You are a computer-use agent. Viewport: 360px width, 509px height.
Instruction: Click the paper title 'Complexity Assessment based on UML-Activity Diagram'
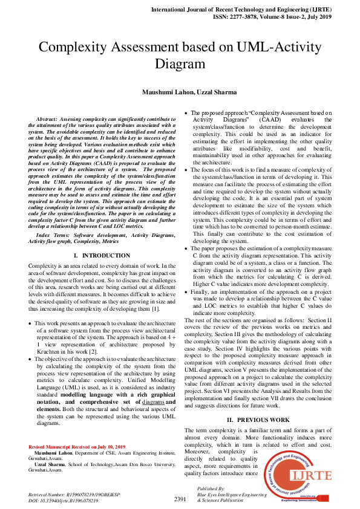click(x=180, y=55)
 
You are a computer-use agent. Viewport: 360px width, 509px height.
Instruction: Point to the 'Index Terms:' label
click(x=53, y=234)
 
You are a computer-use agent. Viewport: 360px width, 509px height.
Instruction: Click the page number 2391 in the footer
click(x=180, y=499)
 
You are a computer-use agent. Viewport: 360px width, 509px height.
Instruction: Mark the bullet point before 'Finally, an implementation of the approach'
click(x=188, y=291)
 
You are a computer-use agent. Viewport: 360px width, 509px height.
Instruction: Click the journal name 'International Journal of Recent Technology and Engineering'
click(x=249, y=11)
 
